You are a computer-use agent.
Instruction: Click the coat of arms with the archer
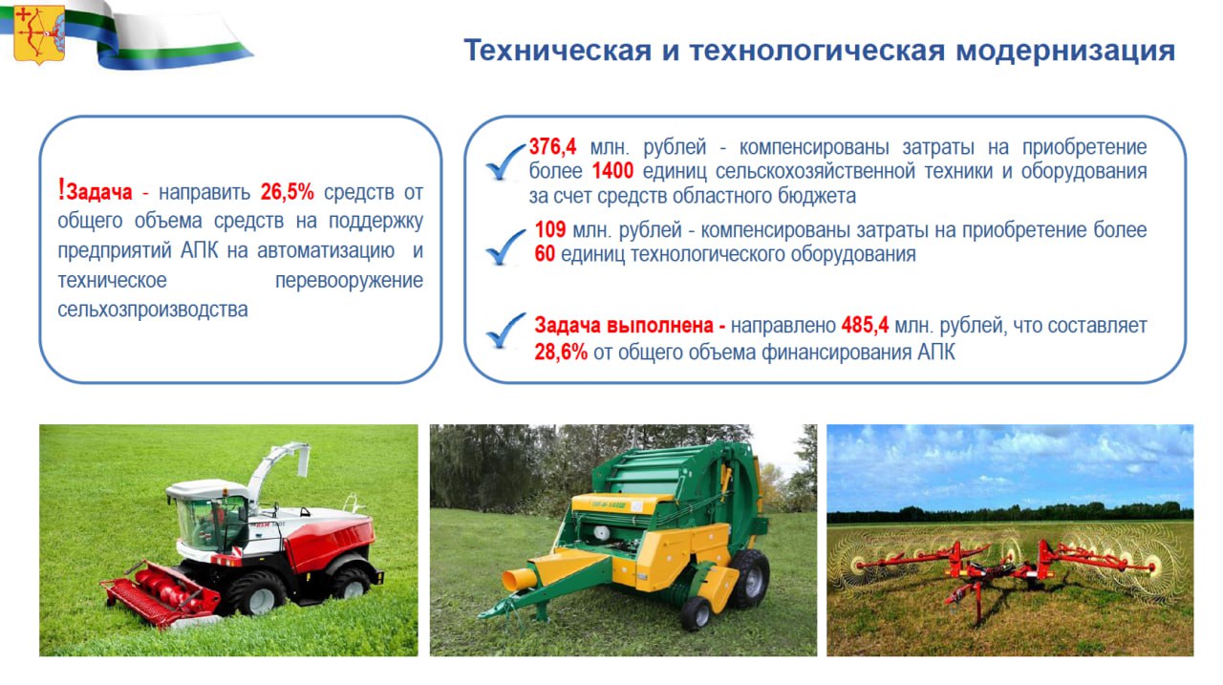click(39, 33)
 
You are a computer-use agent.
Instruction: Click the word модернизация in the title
click(1065, 51)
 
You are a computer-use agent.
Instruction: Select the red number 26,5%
click(288, 192)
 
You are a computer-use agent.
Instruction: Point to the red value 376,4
click(552, 146)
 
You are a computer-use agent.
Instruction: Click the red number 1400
click(612, 171)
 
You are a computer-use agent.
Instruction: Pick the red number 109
click(549, 230)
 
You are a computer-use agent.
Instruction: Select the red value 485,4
click(865, 326)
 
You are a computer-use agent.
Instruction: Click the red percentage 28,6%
click(561, 352)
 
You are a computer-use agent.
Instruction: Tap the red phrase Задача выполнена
click(630, 326)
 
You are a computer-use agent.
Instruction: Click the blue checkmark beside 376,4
click(505, 161)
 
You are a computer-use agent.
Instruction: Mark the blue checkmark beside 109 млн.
click(505, 246)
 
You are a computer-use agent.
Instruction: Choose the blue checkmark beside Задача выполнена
click(505, 331)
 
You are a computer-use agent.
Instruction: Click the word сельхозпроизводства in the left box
click(153, 310)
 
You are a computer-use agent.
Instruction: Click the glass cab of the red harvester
click(210, 523)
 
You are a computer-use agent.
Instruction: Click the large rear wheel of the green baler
click(748, 579)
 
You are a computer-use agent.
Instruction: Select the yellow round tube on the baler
click(519, 580)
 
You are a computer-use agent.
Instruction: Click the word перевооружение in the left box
click(349, 281)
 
